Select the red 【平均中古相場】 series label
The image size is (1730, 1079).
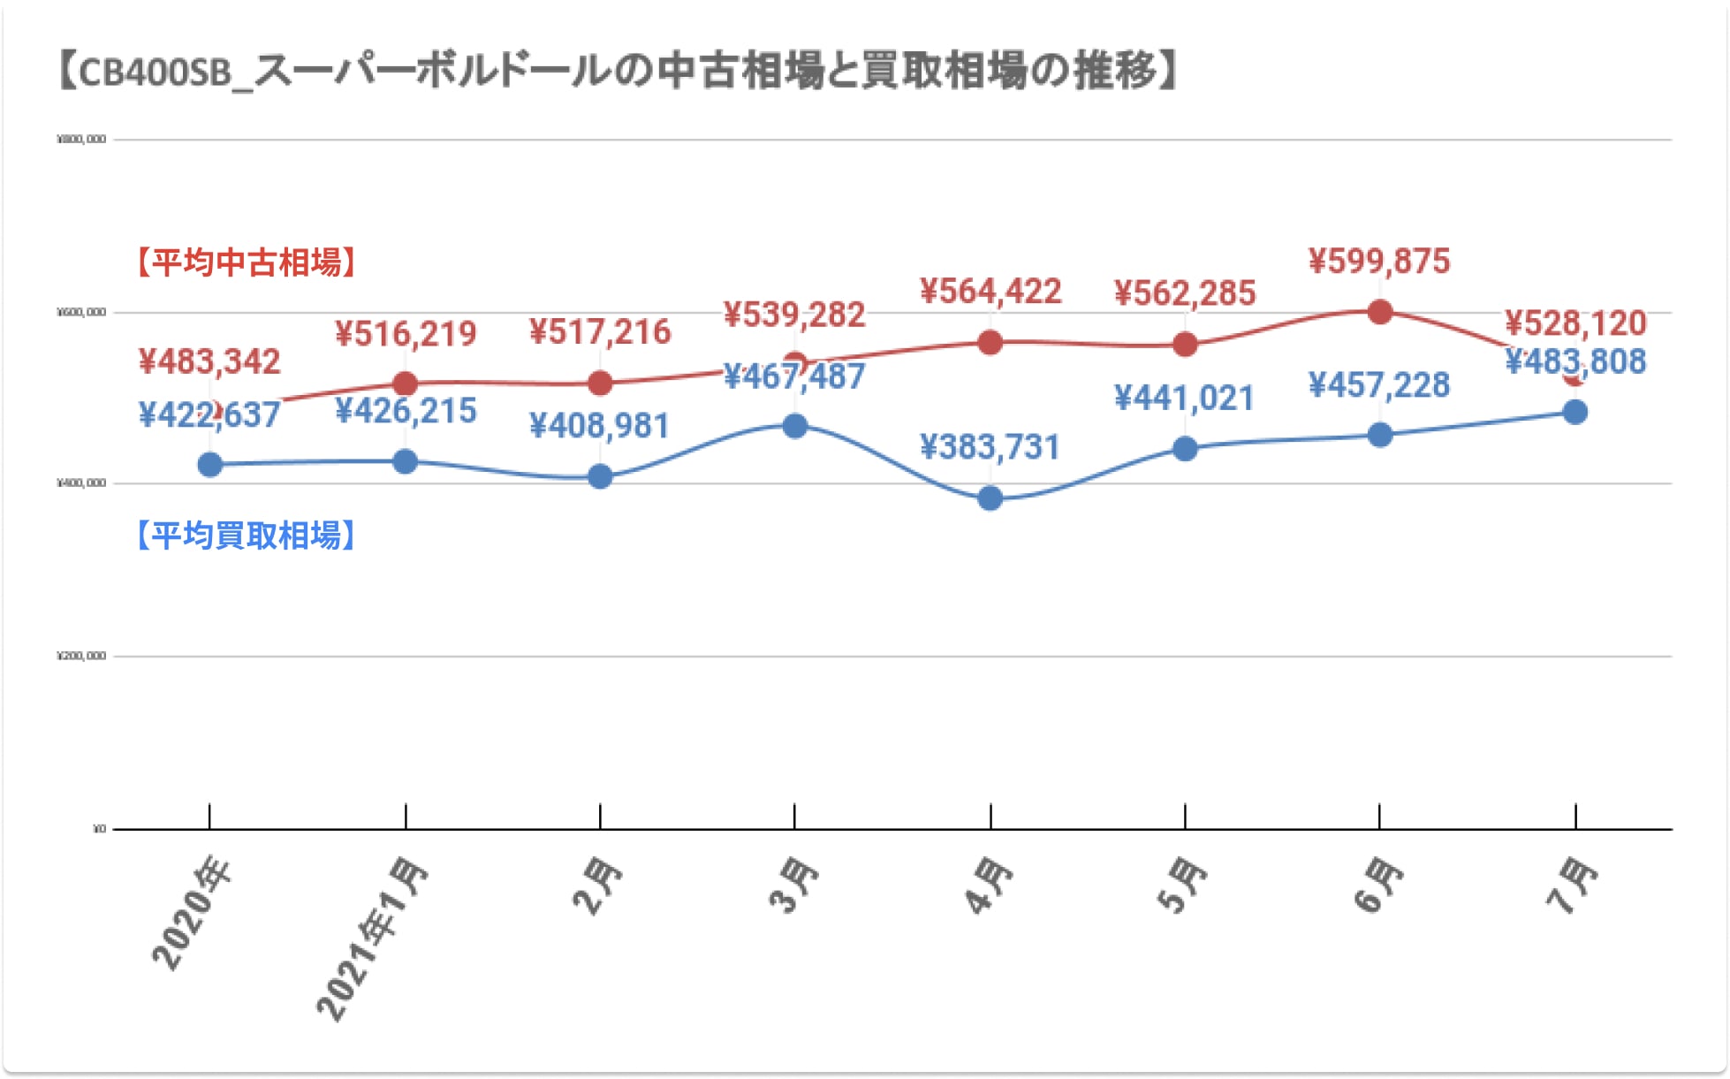tap(247, 262)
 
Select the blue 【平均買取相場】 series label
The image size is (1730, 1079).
tap(247, 536)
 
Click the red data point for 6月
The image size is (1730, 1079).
tap(1379, 312)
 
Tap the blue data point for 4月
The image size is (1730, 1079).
tap(990, 498)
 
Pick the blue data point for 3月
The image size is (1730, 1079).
tap(795, 426)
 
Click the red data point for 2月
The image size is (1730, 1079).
tap(600, 384)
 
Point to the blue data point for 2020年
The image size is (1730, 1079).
tap(210, 465)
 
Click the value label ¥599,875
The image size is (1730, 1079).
tap(1379, 262)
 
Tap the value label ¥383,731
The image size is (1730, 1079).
tap(990, 447)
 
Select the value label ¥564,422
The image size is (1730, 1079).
tap(990, 292)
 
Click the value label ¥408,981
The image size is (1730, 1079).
tap(600, 426)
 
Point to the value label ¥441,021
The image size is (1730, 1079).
tap(1184, 399)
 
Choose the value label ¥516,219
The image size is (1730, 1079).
tap(406, 334)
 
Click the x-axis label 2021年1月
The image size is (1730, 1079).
tap(372, 938)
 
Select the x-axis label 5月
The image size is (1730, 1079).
tap(1182, 885)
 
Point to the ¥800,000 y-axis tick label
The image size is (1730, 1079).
tap(81, 140)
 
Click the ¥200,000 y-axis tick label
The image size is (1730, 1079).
tap(81, 657)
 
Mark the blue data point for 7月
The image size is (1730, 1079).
tap(1574, 412)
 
